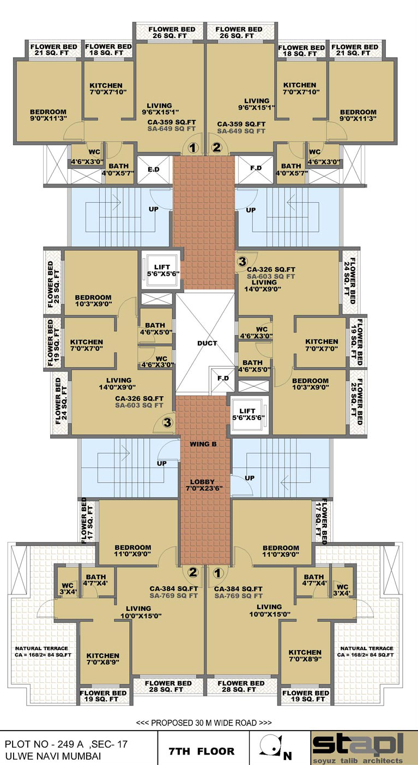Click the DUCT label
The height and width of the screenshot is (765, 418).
pyautogui.click(x=207, y=343)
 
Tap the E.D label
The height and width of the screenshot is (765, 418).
pyautogui.click(x=154, y=169)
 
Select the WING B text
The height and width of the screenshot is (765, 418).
pyautogui.click(x=203, y=444)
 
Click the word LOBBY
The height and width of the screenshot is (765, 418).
pyautogui.click(x=202, y=482)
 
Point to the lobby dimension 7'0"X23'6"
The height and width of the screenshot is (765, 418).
pyautogui.click(x=204, y=488)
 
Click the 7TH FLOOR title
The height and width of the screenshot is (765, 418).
pyautogui.click(x=202, y=751)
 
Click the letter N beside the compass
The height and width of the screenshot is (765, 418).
pyautogui.click(x=287, y=755)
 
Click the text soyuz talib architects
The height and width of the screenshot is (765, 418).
pyautogui.click(x=358, y=760)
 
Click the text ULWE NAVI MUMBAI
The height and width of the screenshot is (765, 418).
pyautogui.click(x=53, y=755)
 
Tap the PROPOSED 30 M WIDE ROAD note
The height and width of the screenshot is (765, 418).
pyautogui.click(x=204, y=722)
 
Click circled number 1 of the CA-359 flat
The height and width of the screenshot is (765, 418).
pyautogui.click(x=193, y=148)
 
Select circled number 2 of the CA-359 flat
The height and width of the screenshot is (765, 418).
pyautogui.click(x=216, y=148)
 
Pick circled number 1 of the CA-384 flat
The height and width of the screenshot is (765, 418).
pyautogui.click(x=218, y=573)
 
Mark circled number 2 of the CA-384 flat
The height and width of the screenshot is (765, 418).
pyautogui.click(x=193, y=572)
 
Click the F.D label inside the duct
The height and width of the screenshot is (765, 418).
pyautogui.click(x=223, y=378)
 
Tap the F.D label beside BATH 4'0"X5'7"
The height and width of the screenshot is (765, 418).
pyautogui.click(x=256, y=168)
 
